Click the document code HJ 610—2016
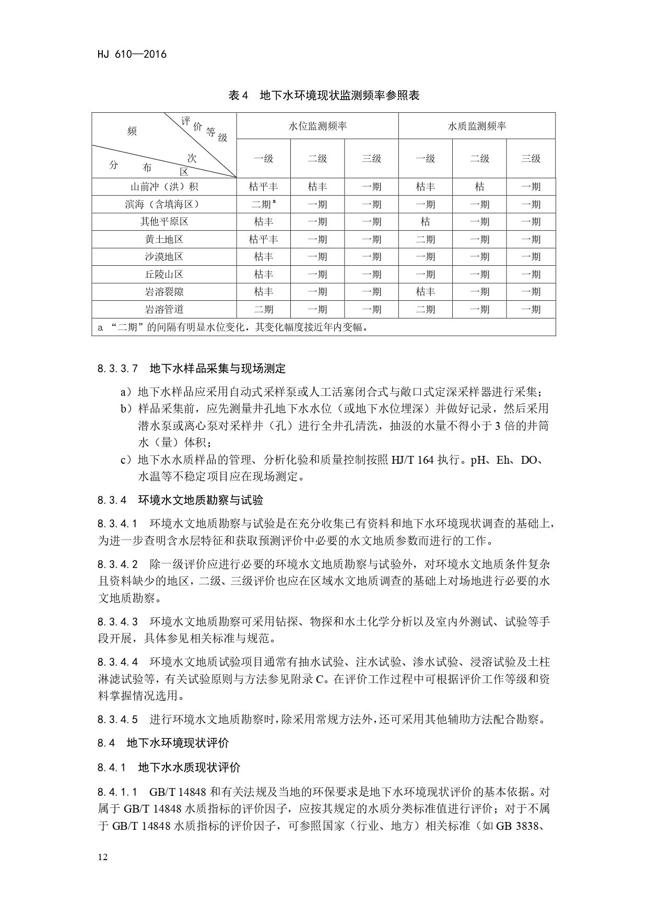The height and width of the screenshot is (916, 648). click(x=132, y=54)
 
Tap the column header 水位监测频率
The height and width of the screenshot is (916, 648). click(x=317, y=126)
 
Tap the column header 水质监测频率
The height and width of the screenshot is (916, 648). click(x=477, y=126)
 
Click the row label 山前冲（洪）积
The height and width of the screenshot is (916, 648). click(x=164, y=187)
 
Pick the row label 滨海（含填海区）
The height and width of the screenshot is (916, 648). click(x=164, y=204)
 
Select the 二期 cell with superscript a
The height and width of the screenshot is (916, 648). click(x=264, y=204)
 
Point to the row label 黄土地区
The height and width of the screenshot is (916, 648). click(x=164, y=239)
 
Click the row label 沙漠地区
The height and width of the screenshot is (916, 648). click(x=164, y=256)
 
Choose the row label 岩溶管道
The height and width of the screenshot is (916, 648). click(x=164, y=309)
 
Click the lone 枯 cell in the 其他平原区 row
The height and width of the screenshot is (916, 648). click(x=426, y=221)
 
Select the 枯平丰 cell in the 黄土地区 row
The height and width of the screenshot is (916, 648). click(x=264, y=239)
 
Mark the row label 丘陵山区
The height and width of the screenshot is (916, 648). click(x=164, y=274)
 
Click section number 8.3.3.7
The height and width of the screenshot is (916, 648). click(x=117, y=369)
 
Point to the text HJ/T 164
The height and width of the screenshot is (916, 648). click(x=412, y=460)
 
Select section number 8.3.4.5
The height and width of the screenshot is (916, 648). click(x=117, y=719)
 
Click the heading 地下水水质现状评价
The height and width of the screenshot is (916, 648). click(x=189, y=767)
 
